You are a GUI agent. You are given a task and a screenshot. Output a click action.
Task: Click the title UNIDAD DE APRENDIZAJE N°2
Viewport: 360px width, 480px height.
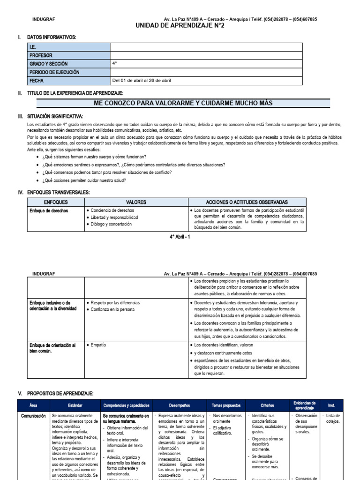point(180,26)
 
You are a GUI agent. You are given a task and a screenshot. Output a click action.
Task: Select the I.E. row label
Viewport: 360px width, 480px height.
point(33,47)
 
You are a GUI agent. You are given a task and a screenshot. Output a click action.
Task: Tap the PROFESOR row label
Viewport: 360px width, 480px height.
point(41,55)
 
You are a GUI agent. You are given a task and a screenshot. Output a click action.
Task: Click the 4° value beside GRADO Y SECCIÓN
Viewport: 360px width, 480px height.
point(115,63)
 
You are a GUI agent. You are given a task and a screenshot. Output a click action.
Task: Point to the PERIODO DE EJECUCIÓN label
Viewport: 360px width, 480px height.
point(54,72)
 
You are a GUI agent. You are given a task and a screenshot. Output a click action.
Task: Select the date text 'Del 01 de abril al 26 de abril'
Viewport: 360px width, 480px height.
point(142,81)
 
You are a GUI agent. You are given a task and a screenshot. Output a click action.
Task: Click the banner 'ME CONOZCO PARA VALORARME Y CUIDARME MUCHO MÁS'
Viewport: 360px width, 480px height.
point(183,103)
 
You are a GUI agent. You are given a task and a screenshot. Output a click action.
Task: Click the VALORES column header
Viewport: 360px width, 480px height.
point(136,202)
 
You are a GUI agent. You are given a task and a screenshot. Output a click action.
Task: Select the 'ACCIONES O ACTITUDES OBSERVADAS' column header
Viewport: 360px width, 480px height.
point(247,202)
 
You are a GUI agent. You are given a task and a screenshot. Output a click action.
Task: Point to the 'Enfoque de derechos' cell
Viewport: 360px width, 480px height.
point(49,211)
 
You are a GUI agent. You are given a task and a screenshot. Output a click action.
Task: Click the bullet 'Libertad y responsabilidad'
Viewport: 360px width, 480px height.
point(114,217)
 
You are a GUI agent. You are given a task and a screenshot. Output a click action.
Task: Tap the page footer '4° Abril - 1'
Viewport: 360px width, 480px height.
point(180,237)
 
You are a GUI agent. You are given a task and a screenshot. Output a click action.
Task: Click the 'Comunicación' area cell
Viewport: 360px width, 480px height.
point(33,416)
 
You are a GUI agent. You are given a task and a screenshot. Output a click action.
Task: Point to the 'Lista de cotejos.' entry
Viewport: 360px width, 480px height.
point(333,419)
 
